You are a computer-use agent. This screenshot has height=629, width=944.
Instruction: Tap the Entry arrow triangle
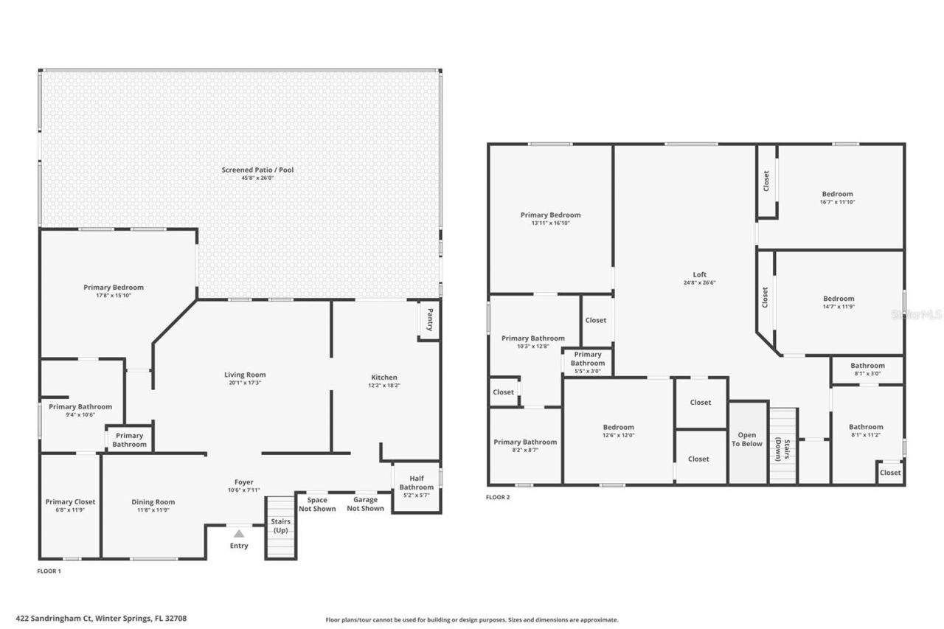pyautogui.click(x=239, y=533)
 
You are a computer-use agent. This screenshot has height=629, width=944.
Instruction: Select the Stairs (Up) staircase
pyautogui.click(x=280, y=527)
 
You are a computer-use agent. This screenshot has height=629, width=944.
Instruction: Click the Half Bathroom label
pyautogui.click(x=417, y=483)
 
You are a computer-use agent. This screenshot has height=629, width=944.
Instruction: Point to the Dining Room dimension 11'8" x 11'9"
pyautogui.click(x=153, y=510)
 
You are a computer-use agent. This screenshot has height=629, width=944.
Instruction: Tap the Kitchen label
pyautogui.click(x=383, y=378)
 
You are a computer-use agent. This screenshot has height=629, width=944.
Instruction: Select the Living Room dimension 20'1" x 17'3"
pyautogui.click(x=245, y=383)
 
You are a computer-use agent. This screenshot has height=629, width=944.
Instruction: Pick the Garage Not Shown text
pyautogui.click(x=367, y=504)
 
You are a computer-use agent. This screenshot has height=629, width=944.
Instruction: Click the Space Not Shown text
pyautogui.click(x=317, y=504)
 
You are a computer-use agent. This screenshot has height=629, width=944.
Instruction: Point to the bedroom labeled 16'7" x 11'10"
pyautogui.click(x=837, y=198)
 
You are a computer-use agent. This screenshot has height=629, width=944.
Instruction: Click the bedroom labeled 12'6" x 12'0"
pyautogui.click(x=618, y=431)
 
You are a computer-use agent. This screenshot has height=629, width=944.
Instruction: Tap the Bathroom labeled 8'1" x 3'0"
pyautogui.click(x=867, y=369)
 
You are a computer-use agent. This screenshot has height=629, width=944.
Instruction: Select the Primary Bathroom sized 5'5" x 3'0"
pyautogui.click(x=588, y=362)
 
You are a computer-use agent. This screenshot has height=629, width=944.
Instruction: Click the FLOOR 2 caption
pyautogui.click(x=498, y=497)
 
